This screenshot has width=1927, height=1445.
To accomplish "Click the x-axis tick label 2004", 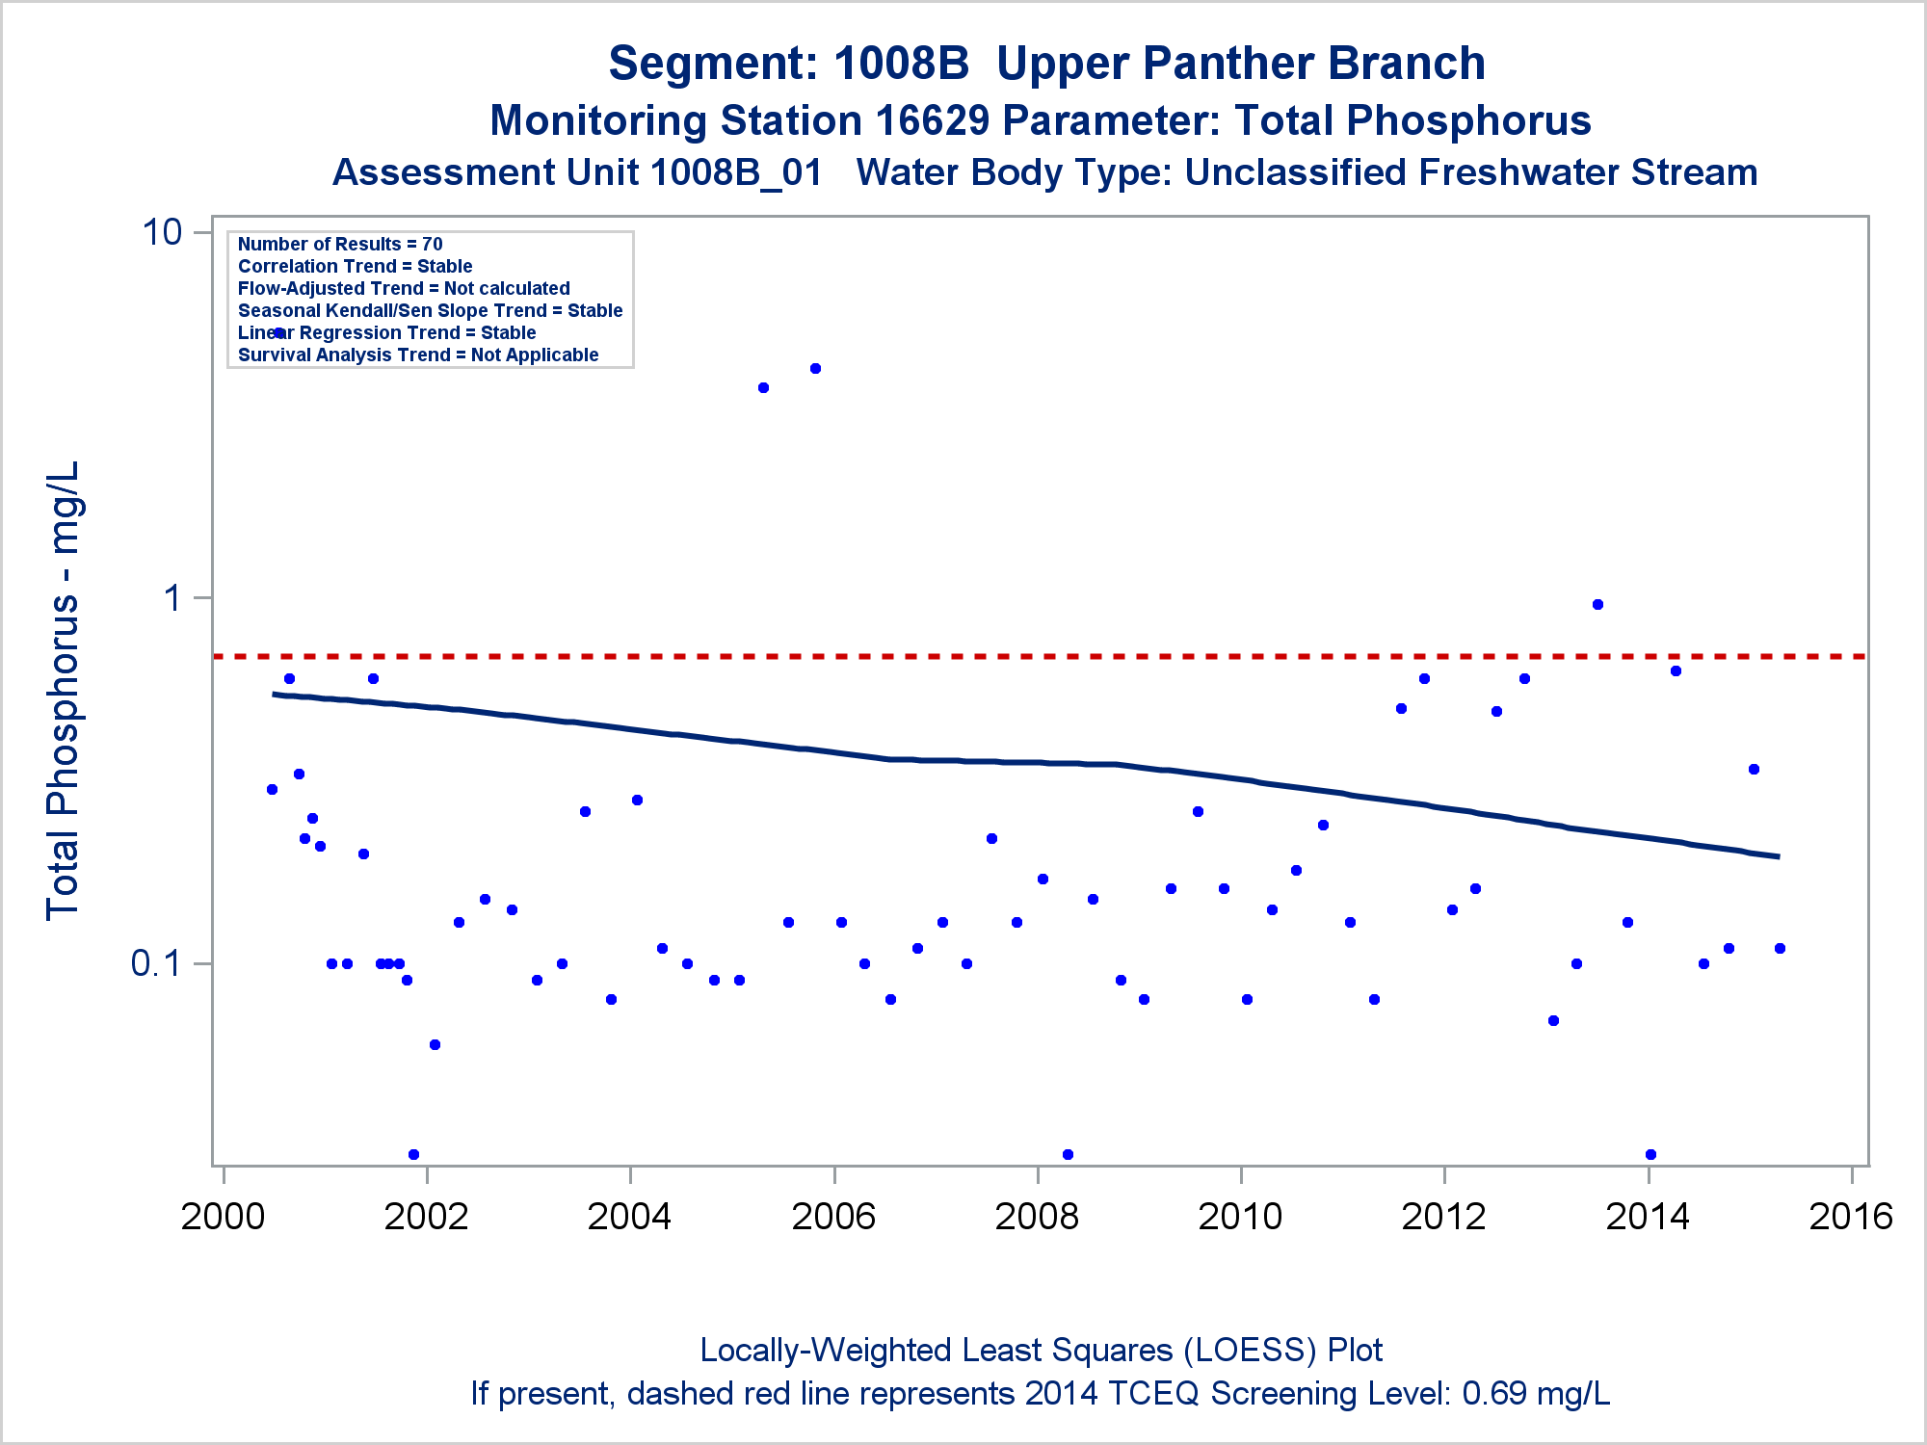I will (x=629, y=1217).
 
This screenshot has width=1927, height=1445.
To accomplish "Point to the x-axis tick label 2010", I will (x=1240, y=1217).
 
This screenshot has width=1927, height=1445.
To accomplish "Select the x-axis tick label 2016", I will (x=1851, y=1217).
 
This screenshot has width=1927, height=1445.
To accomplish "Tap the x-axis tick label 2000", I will (x=223, y=1217).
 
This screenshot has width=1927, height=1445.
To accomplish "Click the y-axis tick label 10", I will (x=162, y=232).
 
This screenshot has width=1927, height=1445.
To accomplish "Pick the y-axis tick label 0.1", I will (x=156, y=962).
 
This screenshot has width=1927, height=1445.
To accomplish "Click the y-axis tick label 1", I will (x=173, y=598).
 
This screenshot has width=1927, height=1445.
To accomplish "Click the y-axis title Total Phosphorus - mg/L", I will (x=64, y=690).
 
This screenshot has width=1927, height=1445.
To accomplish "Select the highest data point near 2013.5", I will (x=1597, y=605).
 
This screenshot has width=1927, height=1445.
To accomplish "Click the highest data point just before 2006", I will (x=815, y=368).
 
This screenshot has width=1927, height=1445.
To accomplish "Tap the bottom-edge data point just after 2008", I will (x=1068, y=1154).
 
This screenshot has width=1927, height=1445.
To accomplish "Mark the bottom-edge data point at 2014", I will (x=1650, y=1154).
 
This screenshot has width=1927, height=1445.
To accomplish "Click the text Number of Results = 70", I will (x=340, y=245).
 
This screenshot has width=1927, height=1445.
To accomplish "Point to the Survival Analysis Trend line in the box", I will (x=418, y=355).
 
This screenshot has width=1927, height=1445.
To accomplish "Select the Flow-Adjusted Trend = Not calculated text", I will (x=404, y=289).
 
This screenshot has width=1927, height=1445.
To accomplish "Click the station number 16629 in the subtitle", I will (x=932, y=121).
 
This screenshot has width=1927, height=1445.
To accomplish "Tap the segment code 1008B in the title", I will (x=901, y=65).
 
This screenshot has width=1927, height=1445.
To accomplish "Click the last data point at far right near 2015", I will (x=1780, y=948).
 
